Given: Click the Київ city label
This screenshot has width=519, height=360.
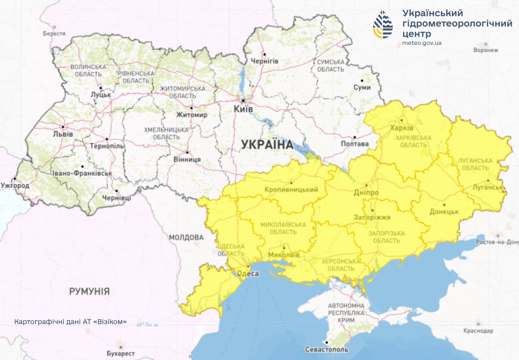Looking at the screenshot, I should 243,109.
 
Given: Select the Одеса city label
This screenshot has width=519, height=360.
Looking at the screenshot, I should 248,274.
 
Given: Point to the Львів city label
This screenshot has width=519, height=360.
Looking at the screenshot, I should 63,134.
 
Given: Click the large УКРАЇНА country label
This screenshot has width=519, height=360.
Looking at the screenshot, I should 267,145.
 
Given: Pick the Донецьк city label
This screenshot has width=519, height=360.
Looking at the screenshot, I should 444,212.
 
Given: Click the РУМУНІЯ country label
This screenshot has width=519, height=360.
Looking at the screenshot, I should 89,291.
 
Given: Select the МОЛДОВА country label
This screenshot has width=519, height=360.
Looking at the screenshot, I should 186,238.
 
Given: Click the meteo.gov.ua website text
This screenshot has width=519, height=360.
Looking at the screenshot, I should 422,43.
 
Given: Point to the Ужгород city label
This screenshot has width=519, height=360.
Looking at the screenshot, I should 15,186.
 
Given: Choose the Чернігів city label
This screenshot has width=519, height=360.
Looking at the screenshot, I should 264,61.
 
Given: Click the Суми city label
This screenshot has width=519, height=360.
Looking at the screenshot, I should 362,88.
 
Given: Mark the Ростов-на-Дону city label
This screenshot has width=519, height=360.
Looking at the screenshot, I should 497,242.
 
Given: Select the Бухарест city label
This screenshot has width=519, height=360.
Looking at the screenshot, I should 120,353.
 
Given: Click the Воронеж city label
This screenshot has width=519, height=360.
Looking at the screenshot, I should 486,50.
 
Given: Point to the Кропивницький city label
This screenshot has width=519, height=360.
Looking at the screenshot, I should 291,190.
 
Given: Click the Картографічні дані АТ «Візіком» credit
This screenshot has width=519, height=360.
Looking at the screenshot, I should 71,322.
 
